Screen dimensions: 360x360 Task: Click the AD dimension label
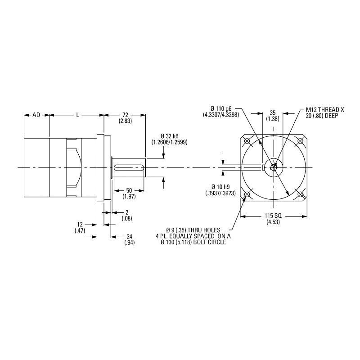[36, 115]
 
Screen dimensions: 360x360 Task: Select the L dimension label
[77, 115]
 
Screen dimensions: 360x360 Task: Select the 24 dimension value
[130, 236]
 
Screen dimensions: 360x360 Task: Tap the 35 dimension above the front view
[272, 112]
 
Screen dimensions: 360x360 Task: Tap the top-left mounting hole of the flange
[247, 141]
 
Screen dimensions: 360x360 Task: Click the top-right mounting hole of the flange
[301, 141]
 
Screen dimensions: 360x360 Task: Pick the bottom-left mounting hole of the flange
[247, 194]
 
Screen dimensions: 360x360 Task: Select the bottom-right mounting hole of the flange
[301, 194]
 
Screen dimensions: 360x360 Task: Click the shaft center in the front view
[274, 168]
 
